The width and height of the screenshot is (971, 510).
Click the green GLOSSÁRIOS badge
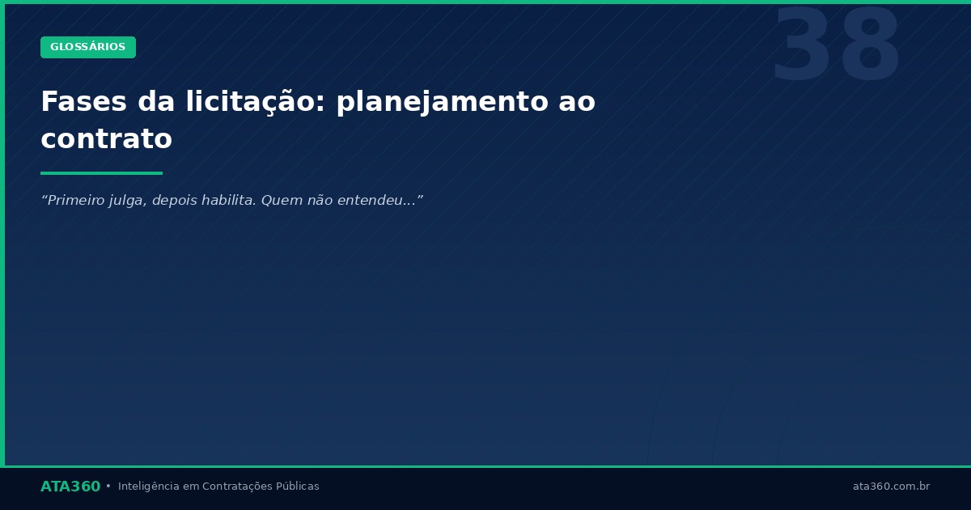coord(88,47)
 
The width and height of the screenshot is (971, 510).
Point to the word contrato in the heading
coord(106,139)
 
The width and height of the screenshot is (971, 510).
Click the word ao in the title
coord(576,102)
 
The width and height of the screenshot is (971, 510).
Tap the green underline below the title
coord(101,172)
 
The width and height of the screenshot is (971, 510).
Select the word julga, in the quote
coord(128,201)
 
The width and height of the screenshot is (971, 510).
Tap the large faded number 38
coord(836,47)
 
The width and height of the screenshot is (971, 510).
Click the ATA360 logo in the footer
coord(70,487)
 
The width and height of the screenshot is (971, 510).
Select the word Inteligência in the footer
coord(149,487)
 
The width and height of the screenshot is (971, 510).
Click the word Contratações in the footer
coord(237,487)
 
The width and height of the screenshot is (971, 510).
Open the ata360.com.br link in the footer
coord(891,487)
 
